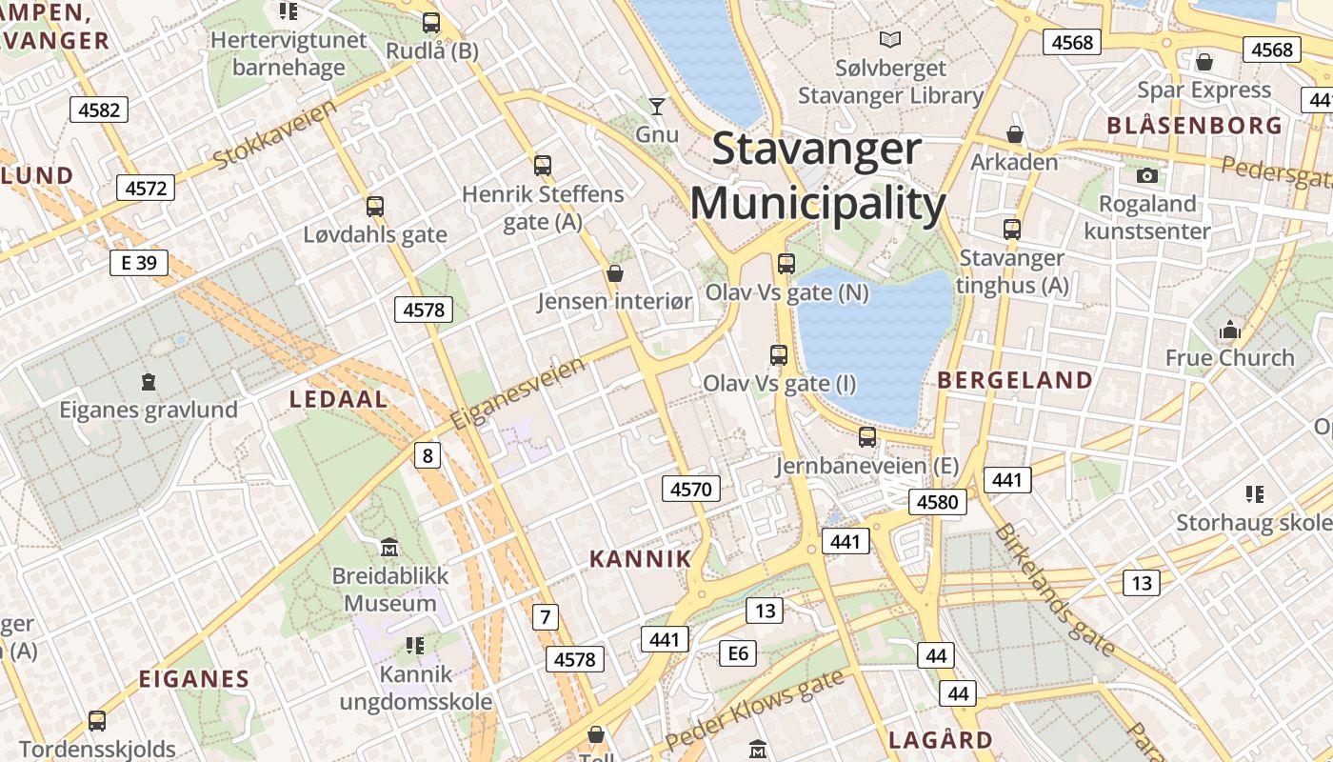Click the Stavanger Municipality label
817,177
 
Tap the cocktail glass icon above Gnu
656,106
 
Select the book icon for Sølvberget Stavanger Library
890,40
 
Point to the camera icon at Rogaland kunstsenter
1147,175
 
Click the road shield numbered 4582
99,110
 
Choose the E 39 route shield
139,262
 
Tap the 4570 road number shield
691,490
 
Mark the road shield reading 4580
938,501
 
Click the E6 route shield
738,652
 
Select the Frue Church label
1230,358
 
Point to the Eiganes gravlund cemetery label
149,411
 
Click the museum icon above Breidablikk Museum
389,548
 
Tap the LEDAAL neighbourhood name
338,399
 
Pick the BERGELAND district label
1015,380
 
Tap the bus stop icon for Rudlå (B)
431,23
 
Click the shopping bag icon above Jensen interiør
615,274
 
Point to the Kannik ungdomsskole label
416,689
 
